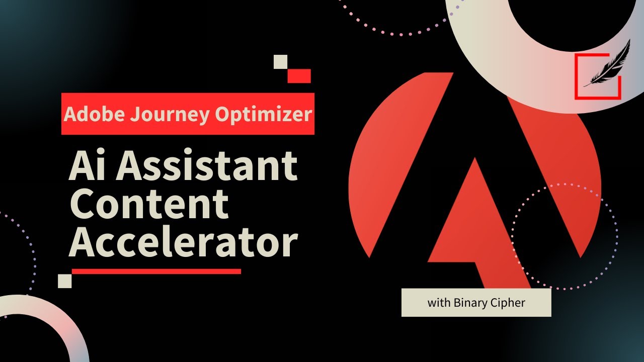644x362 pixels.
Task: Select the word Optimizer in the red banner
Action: pyautogui.click(x=263, y=115)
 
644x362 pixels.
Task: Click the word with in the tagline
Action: pyautogui.click(x=438, y=303)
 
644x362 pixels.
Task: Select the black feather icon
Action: pyautogui.click(x=607, y=64)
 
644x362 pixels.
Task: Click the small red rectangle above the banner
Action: pyautogui.click(x=299, y=76)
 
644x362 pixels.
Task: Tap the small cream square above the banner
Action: pyautogui.click(x=280, y=61)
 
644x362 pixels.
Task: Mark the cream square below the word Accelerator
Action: pyautogui.click(x=65, y=281)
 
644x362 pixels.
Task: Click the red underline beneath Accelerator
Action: pyautogui.click(x=156, y=271)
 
